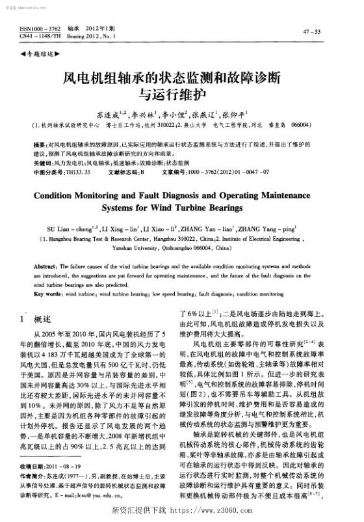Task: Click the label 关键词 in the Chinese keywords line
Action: click(42, 162)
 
